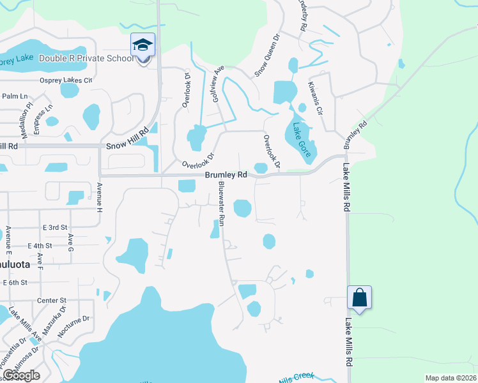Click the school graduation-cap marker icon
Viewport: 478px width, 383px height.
pyautogui.click(x=143, y=45)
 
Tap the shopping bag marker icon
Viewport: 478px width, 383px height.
pyautogui.click(x=359, y=297)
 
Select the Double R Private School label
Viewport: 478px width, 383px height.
pyautogui.click(x=86, y=59)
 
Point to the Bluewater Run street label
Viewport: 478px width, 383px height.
pyautogui.click(x=220, y=204)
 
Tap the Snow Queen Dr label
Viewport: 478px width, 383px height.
pyautogui.click(x=268, y=56)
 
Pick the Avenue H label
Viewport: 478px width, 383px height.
pyautogui.click(x=100, y=198)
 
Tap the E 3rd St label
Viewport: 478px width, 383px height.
pyautogui.click(x=55, y=227)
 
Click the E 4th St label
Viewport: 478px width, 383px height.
pyautogui.click(x=40, y=246)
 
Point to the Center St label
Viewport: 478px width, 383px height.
pyautogui.click(x=52, y=300)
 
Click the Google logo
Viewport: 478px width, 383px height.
pyautogui.click(x=21, y=375)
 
